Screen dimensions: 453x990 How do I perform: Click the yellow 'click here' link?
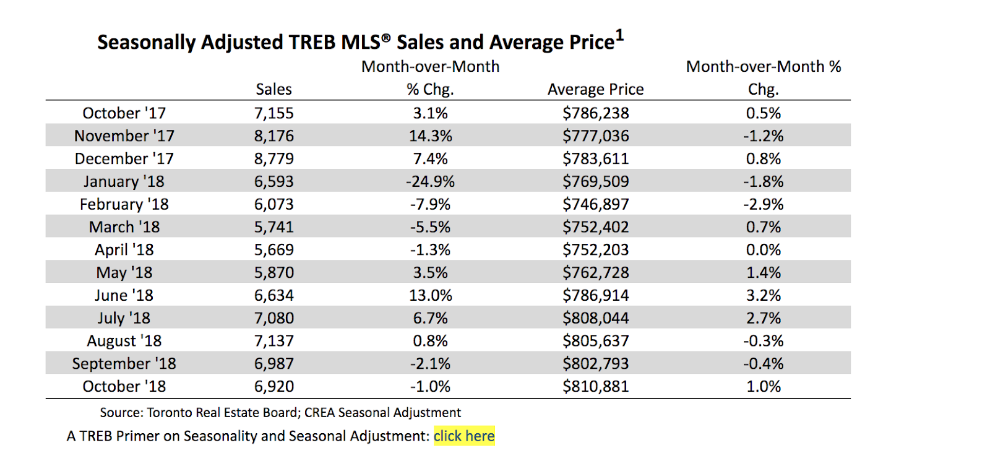pos(463,436)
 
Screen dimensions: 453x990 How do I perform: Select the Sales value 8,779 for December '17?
pos(273,159)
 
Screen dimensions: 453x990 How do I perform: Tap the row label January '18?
pos(124,182)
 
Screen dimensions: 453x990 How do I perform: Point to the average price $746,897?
pos(595,205)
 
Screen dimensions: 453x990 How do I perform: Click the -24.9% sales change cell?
pos(430,182)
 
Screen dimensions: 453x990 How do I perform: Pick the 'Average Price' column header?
pos(595,90)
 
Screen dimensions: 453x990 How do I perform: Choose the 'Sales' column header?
pos(273,90)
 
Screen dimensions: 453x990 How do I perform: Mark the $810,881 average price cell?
pos(595,387)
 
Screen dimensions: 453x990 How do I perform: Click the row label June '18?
pos(124,296)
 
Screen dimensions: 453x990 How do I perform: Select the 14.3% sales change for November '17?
pos(430,136)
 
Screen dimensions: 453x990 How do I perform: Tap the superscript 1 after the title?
pos(619,36)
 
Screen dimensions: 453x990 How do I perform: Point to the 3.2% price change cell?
pos(763,296)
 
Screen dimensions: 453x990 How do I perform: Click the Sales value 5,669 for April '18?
pos(273,250)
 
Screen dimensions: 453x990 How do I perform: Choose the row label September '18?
pos(124,364)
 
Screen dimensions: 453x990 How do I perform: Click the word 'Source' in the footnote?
pos(121,413)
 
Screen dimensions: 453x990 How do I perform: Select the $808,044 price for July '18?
pos(595,319)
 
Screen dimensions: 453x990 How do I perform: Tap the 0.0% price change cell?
pos(763,250)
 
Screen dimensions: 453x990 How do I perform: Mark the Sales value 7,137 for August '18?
pos(273,341)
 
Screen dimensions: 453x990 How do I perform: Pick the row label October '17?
pos(124,113)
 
